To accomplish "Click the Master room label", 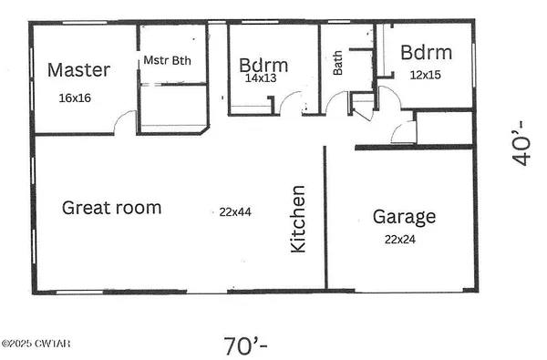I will pos(78,69).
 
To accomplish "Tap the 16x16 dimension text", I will pos(76,97).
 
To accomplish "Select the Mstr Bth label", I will pos(166,61).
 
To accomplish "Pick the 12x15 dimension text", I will pos(425,75).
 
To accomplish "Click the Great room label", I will pos(111,208).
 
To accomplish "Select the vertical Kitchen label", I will pos(298,220).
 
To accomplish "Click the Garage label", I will pos(404,217).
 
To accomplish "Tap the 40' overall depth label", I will pos(521,140).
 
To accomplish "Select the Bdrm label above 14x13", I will pos(263,66).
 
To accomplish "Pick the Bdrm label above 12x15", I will pos(426,51).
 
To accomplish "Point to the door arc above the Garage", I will pos(403,133).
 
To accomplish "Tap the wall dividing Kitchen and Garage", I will pos(325,219).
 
